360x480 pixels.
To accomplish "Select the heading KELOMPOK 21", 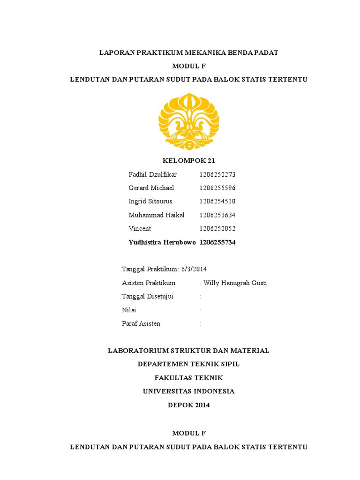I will pos(188,161).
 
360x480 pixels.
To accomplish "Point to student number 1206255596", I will pos(217,188).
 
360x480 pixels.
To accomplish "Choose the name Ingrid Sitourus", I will pos(150,202).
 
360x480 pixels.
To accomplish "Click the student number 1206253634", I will pos(217,215).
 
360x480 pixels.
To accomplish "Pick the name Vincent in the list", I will pos(140,229).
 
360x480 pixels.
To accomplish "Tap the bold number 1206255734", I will pos(217,242).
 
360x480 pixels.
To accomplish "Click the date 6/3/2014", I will pos(194,269).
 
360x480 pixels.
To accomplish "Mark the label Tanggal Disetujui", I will pos(148,296).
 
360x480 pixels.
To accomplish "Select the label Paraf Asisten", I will pos(141,323).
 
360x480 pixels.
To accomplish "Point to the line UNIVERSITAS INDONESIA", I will pos(188,391).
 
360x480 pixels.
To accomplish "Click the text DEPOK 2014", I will pos(188,405).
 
